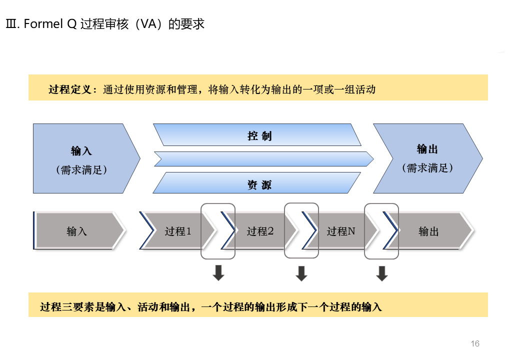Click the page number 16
pos(474,343)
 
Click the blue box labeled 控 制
pos(259,135)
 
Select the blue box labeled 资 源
pos(259,184)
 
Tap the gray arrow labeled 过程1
pos(178,231)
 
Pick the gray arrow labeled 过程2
pos(260,231)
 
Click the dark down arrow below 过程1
pos(218,273)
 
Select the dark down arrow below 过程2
pos(301,273)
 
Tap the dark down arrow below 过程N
pos(382,273)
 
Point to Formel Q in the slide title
pos(50,24)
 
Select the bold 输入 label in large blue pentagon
pos(81,150)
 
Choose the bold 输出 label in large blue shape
pos(427,149)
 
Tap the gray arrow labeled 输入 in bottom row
pos(77,231)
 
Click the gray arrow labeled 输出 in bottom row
pos(428,231)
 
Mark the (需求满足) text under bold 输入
pos(81,169)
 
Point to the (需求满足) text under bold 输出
pos(427,168)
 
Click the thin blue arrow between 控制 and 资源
pos(264,159)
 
